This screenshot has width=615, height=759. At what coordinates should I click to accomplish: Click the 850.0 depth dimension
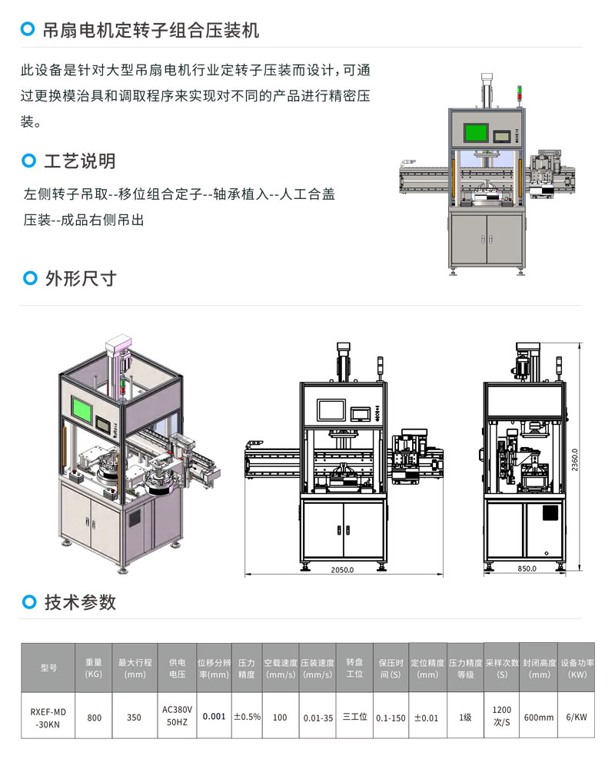pyautogui.click(x=527, y=569)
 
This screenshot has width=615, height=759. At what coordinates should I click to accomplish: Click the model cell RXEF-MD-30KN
pyautogui.click(x=48, y=718)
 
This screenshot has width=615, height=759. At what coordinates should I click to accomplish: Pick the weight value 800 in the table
pyautogui.click(x=94, y=718)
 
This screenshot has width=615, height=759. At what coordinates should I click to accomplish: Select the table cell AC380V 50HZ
pyautogui.click(x=178, y=718)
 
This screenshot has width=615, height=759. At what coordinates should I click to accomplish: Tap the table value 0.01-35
pyautogui.click(x=317, y=718)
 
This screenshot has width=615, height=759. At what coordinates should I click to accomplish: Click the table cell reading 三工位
pyautogui.click(x=354, y=718)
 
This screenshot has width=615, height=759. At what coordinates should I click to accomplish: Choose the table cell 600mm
pyautogui.click(x=538, y=718)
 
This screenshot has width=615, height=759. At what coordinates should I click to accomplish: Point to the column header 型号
pyautogui.click(x=48, y=668)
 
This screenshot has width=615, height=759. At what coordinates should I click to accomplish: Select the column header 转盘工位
pyautogui.click(x=354, y=668)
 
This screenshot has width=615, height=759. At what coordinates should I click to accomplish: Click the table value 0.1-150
pyautogui.click(x=391, y=718)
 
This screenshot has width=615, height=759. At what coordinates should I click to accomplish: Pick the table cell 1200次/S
pyautogui.click(x=501, y=718)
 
